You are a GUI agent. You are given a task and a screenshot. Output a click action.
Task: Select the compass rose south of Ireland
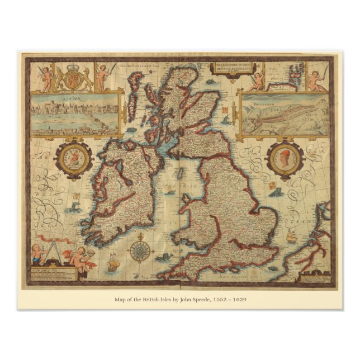pos(138,250)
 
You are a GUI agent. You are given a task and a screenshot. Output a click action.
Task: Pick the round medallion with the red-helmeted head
pos(285,159)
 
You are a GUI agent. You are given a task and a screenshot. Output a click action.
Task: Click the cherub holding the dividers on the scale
pos(37,253)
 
